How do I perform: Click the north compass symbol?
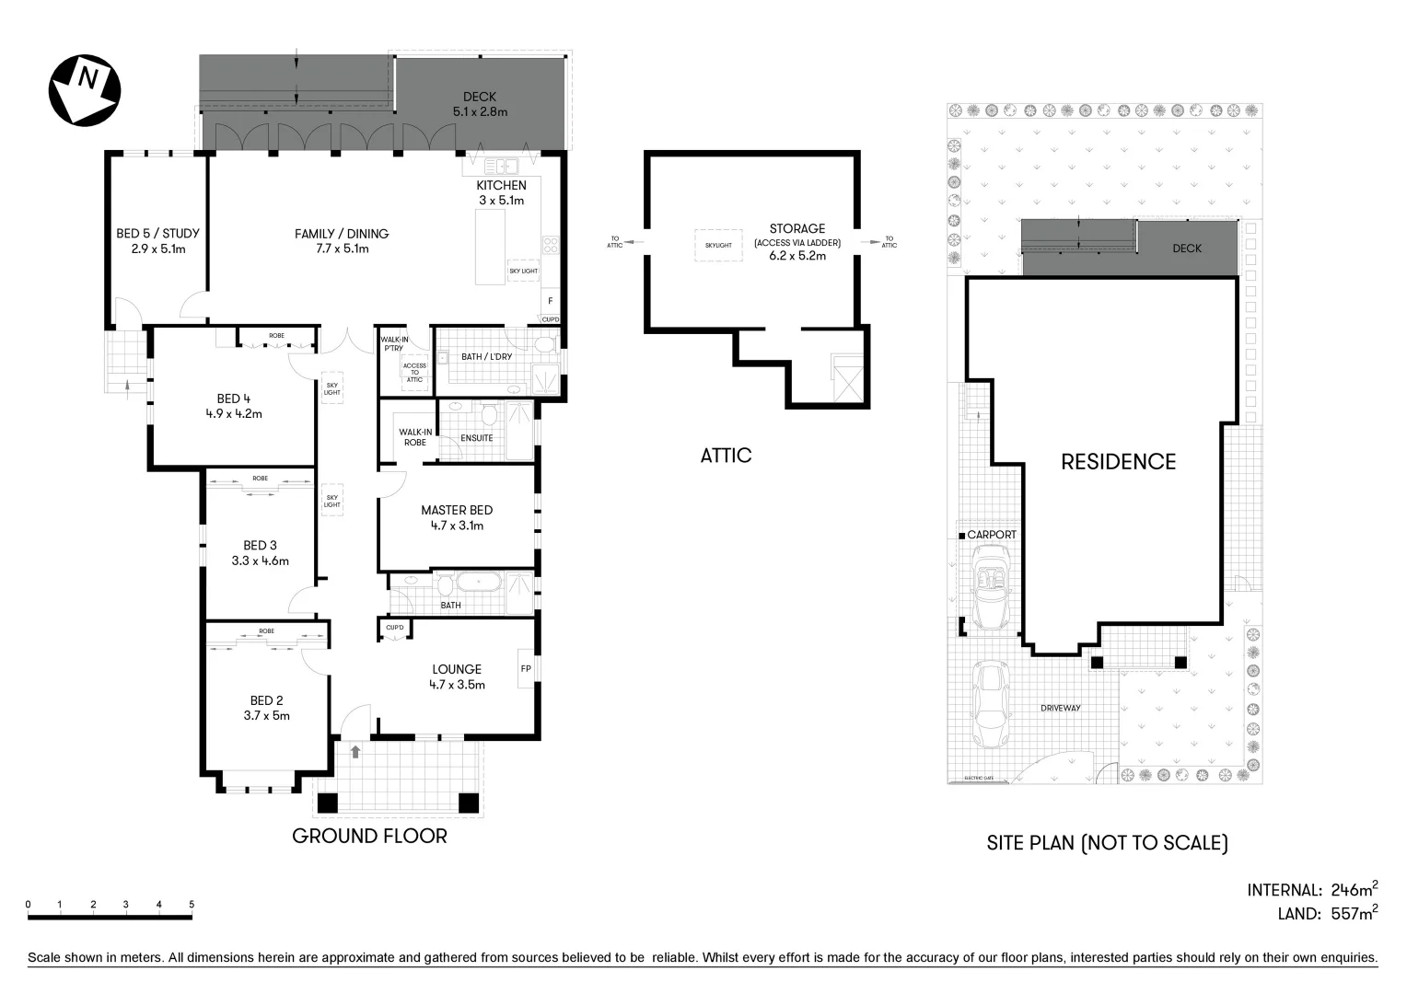(84, 89)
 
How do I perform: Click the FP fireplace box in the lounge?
(526, 668)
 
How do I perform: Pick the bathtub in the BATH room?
(477, 584)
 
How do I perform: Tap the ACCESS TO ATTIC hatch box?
(414, 372)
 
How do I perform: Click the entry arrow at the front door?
(355, 751)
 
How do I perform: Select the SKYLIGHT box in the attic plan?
(718, 245)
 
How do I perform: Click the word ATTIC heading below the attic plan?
(726, 456)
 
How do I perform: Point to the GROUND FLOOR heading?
(369, 836)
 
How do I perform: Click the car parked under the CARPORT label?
(990, 586)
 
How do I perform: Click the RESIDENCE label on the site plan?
(1118, 461)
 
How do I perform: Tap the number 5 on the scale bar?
(192, 905)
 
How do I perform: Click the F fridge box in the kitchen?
(550, 301)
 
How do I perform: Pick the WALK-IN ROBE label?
(414, 437)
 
